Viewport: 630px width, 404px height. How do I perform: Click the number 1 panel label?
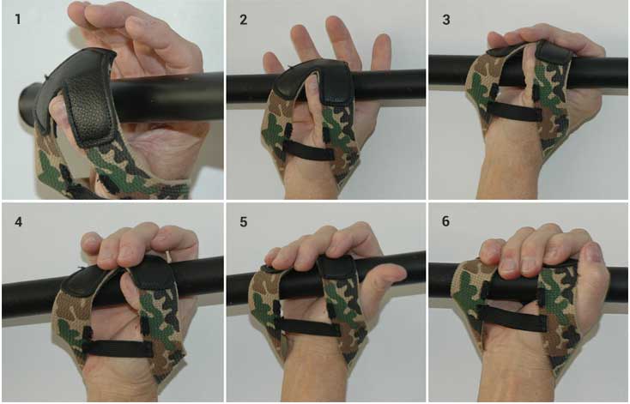point(17,19)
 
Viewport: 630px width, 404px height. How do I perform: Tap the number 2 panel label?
point(244,20)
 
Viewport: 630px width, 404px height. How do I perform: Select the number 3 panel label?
point(446,20)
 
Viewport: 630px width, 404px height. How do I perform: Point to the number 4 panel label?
point(19,221)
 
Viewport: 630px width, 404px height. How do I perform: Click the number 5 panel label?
point(244,221)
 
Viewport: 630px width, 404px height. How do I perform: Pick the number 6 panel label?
point(446,221)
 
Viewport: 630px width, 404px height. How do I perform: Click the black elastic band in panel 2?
point(309,151)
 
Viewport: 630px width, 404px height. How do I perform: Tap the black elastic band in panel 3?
point(514,111)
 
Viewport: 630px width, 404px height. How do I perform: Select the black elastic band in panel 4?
point(120,348)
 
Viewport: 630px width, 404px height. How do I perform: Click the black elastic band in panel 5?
point(309,328)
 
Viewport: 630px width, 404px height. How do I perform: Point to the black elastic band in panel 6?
point(516,319)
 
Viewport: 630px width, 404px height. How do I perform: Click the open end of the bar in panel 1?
point(27,102)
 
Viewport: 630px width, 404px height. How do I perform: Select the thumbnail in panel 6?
point(591,252)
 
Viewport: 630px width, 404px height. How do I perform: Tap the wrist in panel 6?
point(514,370)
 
